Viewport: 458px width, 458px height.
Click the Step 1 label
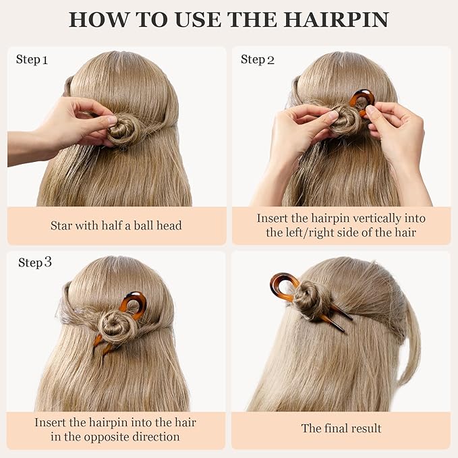pyautogui.click(x=32, y=60)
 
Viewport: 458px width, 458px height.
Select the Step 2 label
pyautogui.click(x=258, y=60)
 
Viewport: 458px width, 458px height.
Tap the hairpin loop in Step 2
pyautogui.click(x=362, y=101)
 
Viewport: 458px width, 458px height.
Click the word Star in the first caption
pyautogui.click(x=62, y=226)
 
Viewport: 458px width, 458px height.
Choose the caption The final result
pyautogui.click(x=341, y=428)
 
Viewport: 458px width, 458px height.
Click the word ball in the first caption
pyautogui.click(x=139, y=226)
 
